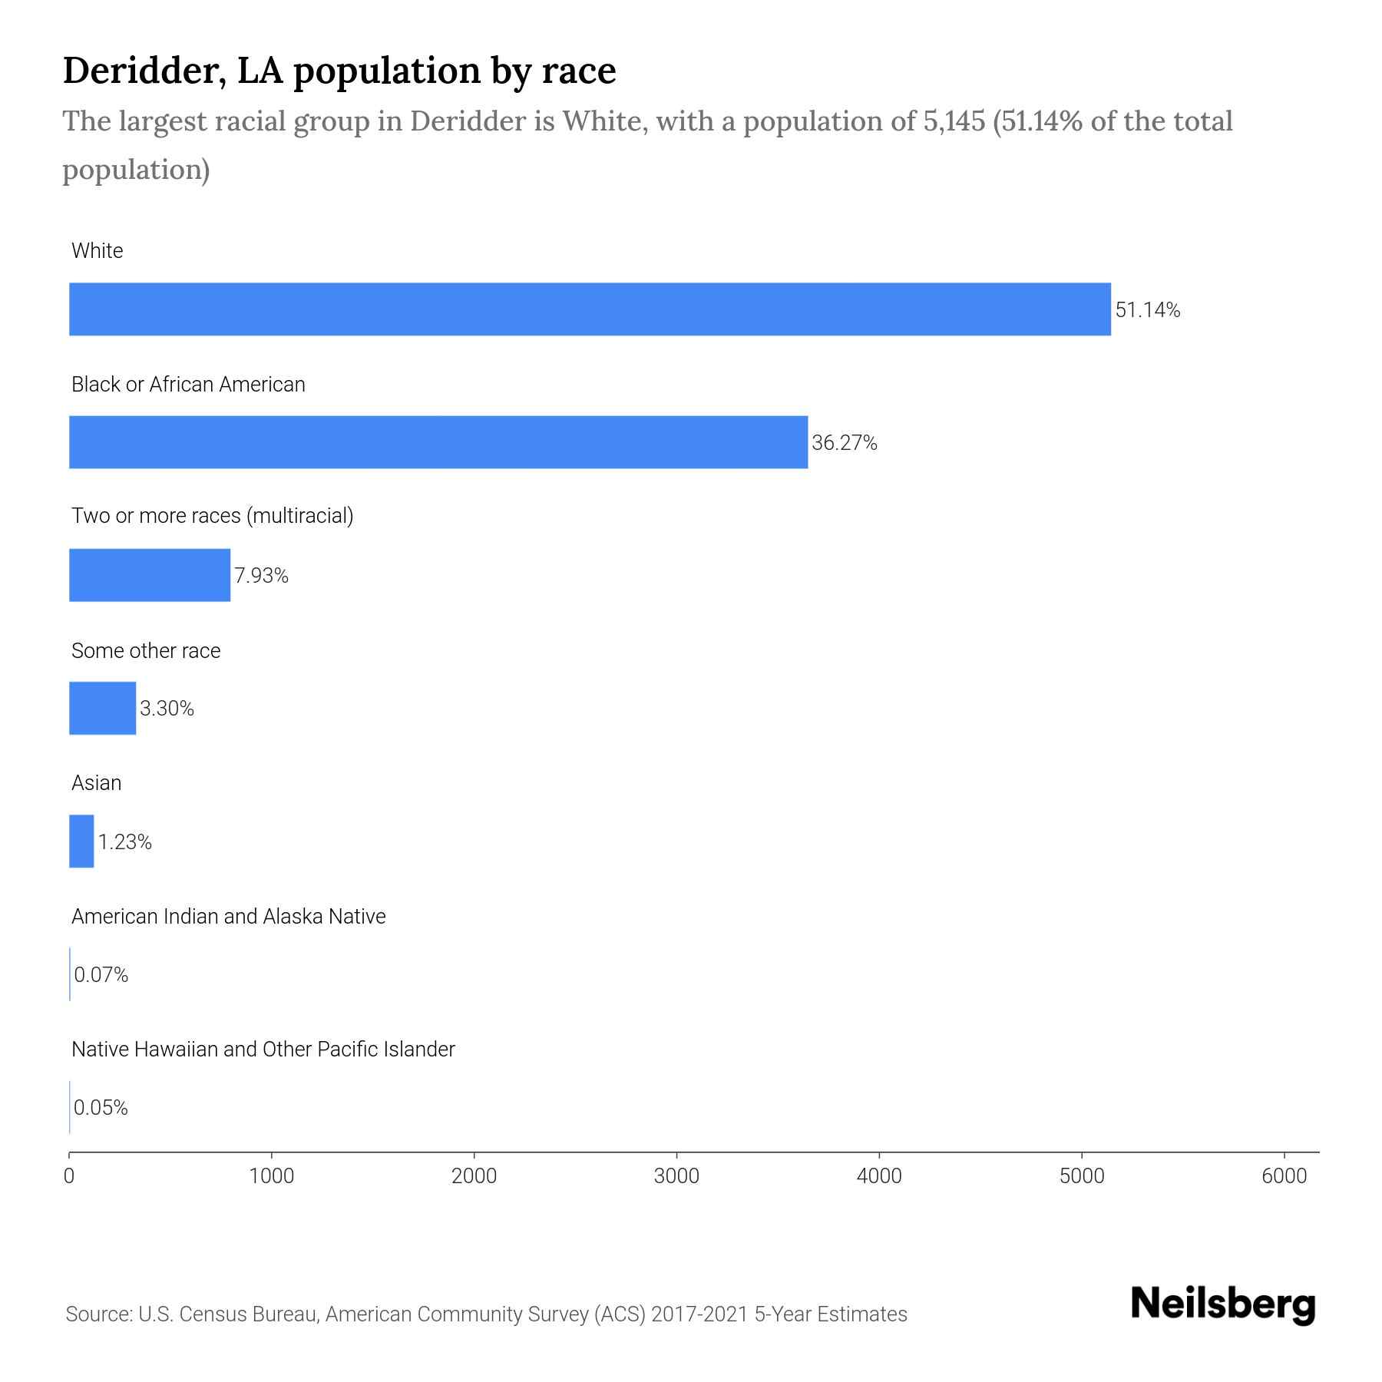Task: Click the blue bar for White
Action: click(590, 309)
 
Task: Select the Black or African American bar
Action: click(438, 442)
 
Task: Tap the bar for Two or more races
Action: click(150, 575)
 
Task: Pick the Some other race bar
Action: click(102, 708)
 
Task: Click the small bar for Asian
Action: click(81, 841)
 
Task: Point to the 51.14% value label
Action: click(1147, 310)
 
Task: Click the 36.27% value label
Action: click(844, 443)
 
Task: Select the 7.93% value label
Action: click(261, 576)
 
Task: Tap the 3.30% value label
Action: click(167, 709)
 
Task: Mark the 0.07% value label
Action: click(101, 975)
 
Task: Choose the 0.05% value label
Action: click(101, 1108)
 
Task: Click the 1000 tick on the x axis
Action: click(272, 1176)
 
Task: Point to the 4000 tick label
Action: click(879, 1176)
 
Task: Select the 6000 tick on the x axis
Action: click(1284, 1176)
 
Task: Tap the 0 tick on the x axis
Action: click(69, 1176)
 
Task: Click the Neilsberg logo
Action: click(1223, 1304)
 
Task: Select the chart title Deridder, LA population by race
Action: click(339, 71)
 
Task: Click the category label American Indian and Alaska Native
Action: click(228, 917)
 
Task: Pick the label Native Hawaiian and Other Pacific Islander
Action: click(263, 1050)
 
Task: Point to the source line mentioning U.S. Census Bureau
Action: click(486, 1314)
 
